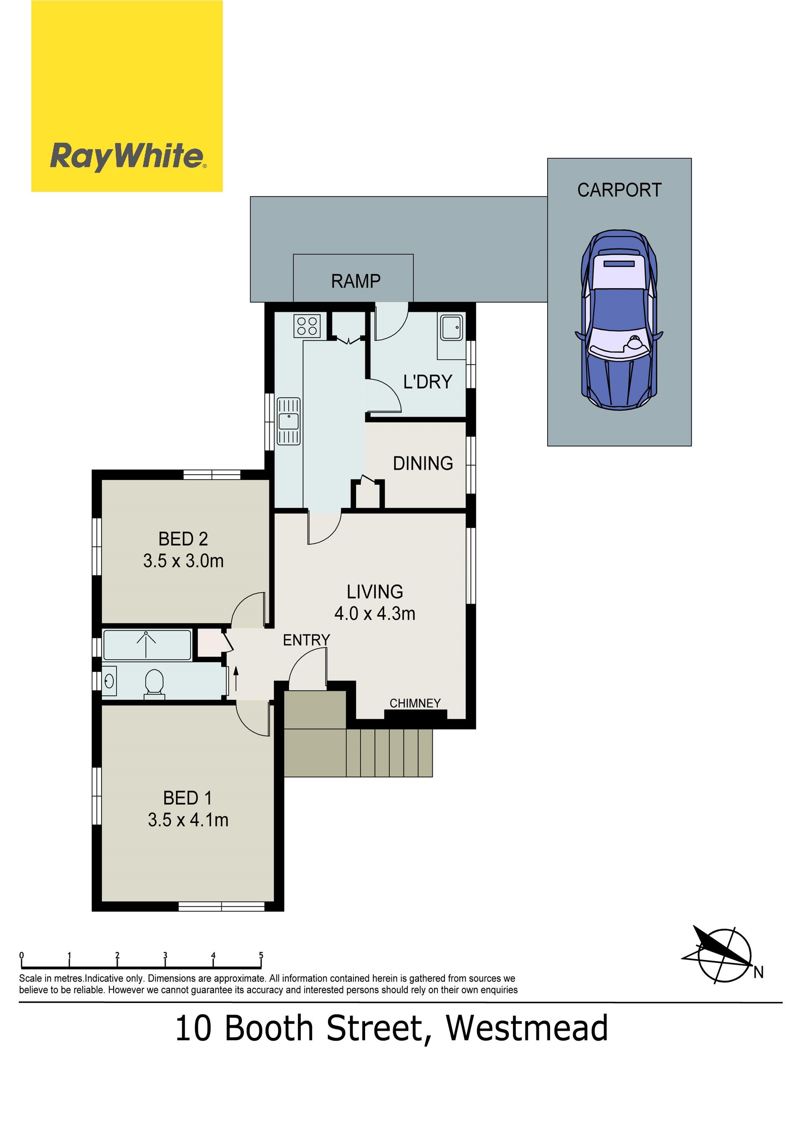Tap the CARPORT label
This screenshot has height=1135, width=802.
tap(619, 190)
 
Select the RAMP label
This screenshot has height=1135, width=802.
tap(356, 281)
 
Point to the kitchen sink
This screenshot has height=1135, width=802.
tap(289, 421)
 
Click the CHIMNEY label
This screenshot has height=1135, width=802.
tap(415, 703)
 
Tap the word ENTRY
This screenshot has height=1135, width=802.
tap(306, 640)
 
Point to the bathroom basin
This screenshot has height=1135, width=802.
tap(109, 681)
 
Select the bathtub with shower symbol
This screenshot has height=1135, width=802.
tap(147, 645)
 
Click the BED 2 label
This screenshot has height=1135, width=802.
tap(183, 539)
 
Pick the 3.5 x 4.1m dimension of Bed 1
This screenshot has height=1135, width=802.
tap(188, 820)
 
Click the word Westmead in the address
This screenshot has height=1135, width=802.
tap(527, 1029)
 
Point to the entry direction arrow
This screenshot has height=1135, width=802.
tap(235, 679)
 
